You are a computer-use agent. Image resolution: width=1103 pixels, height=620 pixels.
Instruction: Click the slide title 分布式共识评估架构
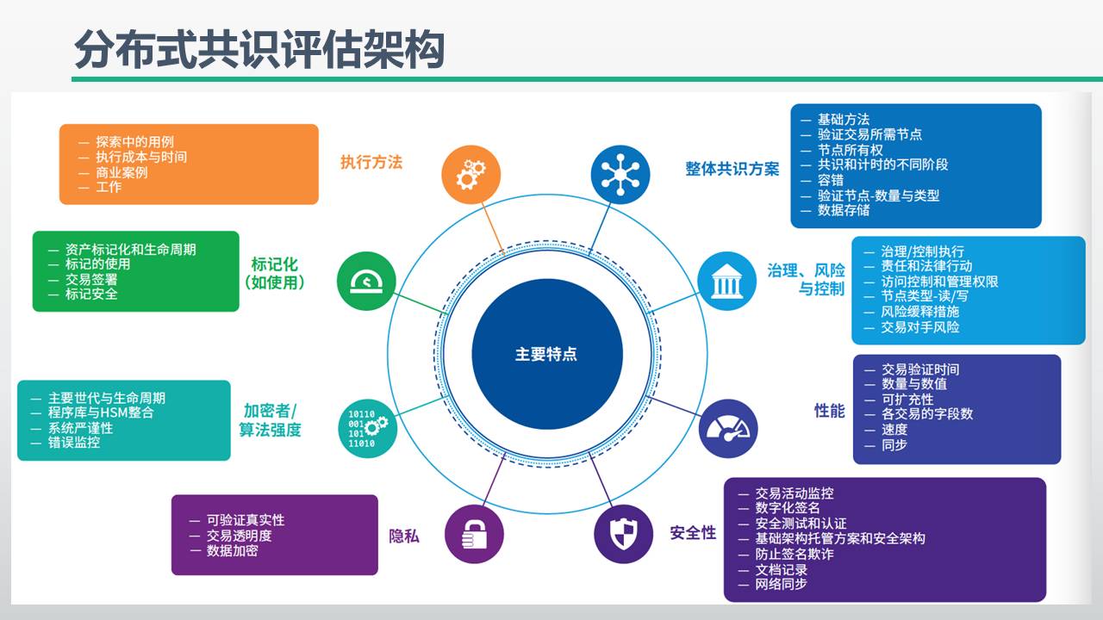[x=259, y=49]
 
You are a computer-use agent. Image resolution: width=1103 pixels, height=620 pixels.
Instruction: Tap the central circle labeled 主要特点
[x=546, y=354]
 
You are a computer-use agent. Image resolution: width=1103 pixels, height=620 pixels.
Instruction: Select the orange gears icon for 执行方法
[x=470, y=174]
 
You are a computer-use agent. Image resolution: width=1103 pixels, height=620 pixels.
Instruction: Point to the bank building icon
[x=726, y=281]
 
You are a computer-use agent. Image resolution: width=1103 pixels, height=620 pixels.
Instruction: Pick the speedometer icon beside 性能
[x=728, y=428]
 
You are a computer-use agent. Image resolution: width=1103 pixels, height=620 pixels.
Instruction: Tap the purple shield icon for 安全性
[x=623, y=534]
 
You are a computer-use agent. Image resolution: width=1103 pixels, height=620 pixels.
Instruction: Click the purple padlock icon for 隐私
[x=474, y=534]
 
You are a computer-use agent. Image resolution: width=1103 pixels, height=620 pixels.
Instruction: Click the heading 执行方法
[x=371, y=162]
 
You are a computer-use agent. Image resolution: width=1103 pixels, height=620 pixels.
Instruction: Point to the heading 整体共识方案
[x=732, y=169]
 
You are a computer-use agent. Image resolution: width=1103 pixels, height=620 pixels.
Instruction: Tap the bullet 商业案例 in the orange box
[x=122, y=172]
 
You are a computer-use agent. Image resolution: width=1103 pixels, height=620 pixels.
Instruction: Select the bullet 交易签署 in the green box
[x=91, y=279]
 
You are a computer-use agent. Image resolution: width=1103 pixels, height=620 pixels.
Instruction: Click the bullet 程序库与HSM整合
[x=101, y=413]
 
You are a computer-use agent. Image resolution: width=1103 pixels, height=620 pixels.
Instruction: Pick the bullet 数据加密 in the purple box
[x=232, y=550]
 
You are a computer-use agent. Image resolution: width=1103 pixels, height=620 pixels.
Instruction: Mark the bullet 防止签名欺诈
[x=794, y=554]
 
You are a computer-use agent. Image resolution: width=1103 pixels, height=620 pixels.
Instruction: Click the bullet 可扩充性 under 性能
[x=907, y=400]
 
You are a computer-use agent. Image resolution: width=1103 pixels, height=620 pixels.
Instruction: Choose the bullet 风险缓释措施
[x=919, y=312]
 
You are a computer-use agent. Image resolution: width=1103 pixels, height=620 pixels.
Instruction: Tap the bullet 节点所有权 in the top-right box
[x=850, y=150]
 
